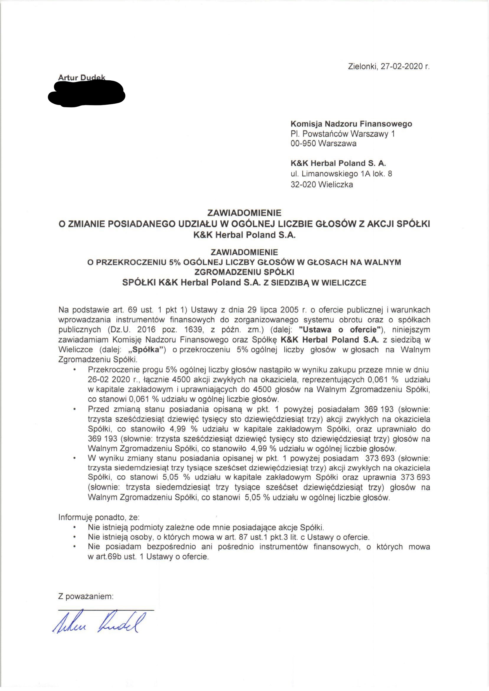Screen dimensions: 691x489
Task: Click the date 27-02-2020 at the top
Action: [x=402, y=66]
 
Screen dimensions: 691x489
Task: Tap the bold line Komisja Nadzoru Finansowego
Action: [x=351, y=124]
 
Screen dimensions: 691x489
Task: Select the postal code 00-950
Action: [x=303, y=143]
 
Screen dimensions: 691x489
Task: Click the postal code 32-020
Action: [x=303, y=184]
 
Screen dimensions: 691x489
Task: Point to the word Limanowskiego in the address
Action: [x=330, y=174]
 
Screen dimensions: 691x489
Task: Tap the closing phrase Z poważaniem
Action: [x=86, y=596]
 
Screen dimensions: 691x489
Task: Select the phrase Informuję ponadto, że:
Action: [x=99, y=517]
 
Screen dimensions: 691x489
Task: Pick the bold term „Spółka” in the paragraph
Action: [x=146, y=350]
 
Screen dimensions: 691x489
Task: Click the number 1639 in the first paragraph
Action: [x=193, y=330]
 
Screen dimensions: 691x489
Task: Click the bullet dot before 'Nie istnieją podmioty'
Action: [x=74, y=527]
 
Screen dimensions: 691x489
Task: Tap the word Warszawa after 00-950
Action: [x=337, y=143]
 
